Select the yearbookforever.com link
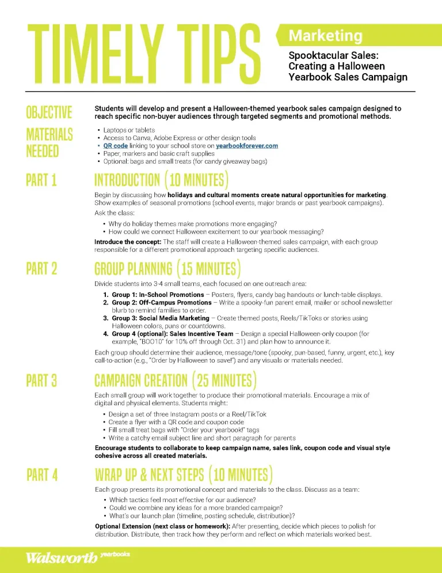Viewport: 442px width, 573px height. [x=247, y=146]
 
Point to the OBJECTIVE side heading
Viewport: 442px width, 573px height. [x=49, y=112]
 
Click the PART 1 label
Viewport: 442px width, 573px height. [x=41, y=180]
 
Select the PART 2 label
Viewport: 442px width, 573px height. [x=41, y=269]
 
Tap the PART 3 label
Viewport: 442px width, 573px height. [x=41, y=381]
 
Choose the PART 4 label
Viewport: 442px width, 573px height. [x=42, y=475]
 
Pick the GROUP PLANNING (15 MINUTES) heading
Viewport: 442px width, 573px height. [x=167, y=269]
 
